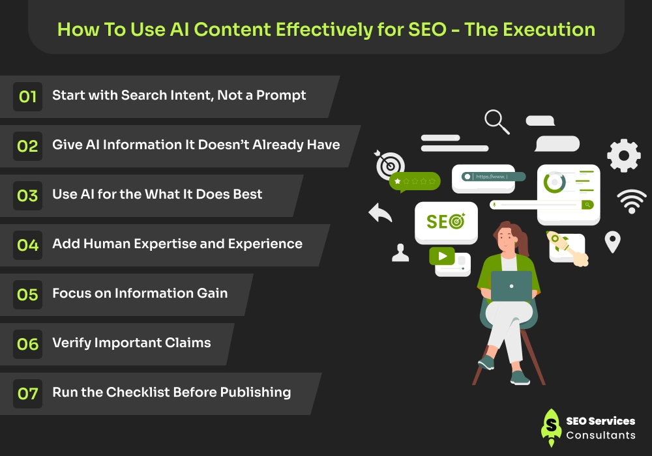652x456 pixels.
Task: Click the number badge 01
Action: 27,97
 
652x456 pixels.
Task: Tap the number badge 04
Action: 27,245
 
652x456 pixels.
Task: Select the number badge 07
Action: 27,393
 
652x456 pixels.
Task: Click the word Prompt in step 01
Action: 281,96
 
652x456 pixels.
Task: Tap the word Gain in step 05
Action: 213,293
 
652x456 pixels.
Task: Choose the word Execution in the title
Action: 549,29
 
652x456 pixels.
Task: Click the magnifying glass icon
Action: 496,121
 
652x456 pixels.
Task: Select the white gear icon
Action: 624,155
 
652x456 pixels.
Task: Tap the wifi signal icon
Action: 632,201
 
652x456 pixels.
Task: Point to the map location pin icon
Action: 612,242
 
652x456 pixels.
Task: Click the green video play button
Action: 442,256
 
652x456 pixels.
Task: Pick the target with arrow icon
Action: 389,165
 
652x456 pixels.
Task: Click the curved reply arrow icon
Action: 380,212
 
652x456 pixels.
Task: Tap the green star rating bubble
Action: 415,182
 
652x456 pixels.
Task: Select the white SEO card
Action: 446,223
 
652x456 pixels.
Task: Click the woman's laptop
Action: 511,286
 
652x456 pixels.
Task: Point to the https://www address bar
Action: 494,177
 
